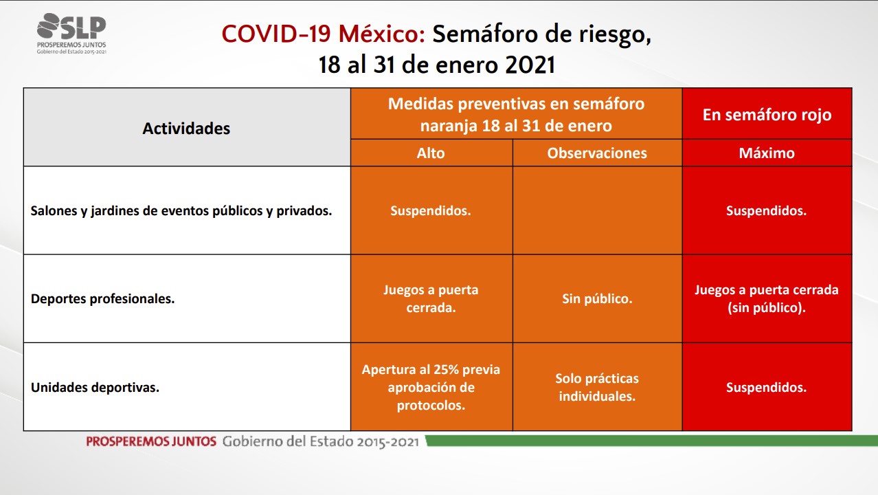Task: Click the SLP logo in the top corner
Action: click(71, 33)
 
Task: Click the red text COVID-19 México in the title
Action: click(324, 34)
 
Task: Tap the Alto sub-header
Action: click(431, 153)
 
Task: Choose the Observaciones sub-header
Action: click(597, 153)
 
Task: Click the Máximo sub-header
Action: click(767, 153)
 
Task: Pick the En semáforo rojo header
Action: click(767, 115)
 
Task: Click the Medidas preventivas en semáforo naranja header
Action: click(516, 115)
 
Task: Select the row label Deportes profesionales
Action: click(102, 299)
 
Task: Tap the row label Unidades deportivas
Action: click(95, 388)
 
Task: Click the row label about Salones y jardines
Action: click(181, 211)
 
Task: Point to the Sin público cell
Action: click(597, 299)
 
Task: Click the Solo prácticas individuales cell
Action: click(597, 388)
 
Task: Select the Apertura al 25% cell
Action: click(431, 388)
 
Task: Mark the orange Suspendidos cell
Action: click(431, 211)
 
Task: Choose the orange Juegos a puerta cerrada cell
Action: click(431, 299)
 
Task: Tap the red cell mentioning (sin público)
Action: click(767, 299)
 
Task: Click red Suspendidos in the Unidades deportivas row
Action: click(767, 388)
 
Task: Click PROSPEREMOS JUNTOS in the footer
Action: click(151, 441)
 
